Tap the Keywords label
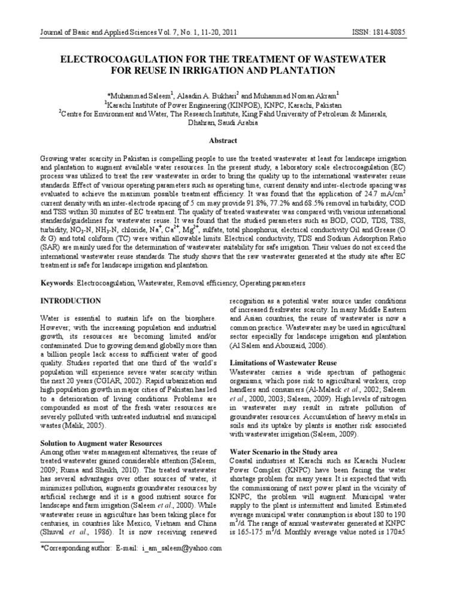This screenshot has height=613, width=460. pos(57,282)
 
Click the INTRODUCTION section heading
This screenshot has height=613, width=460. pos(70,300)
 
